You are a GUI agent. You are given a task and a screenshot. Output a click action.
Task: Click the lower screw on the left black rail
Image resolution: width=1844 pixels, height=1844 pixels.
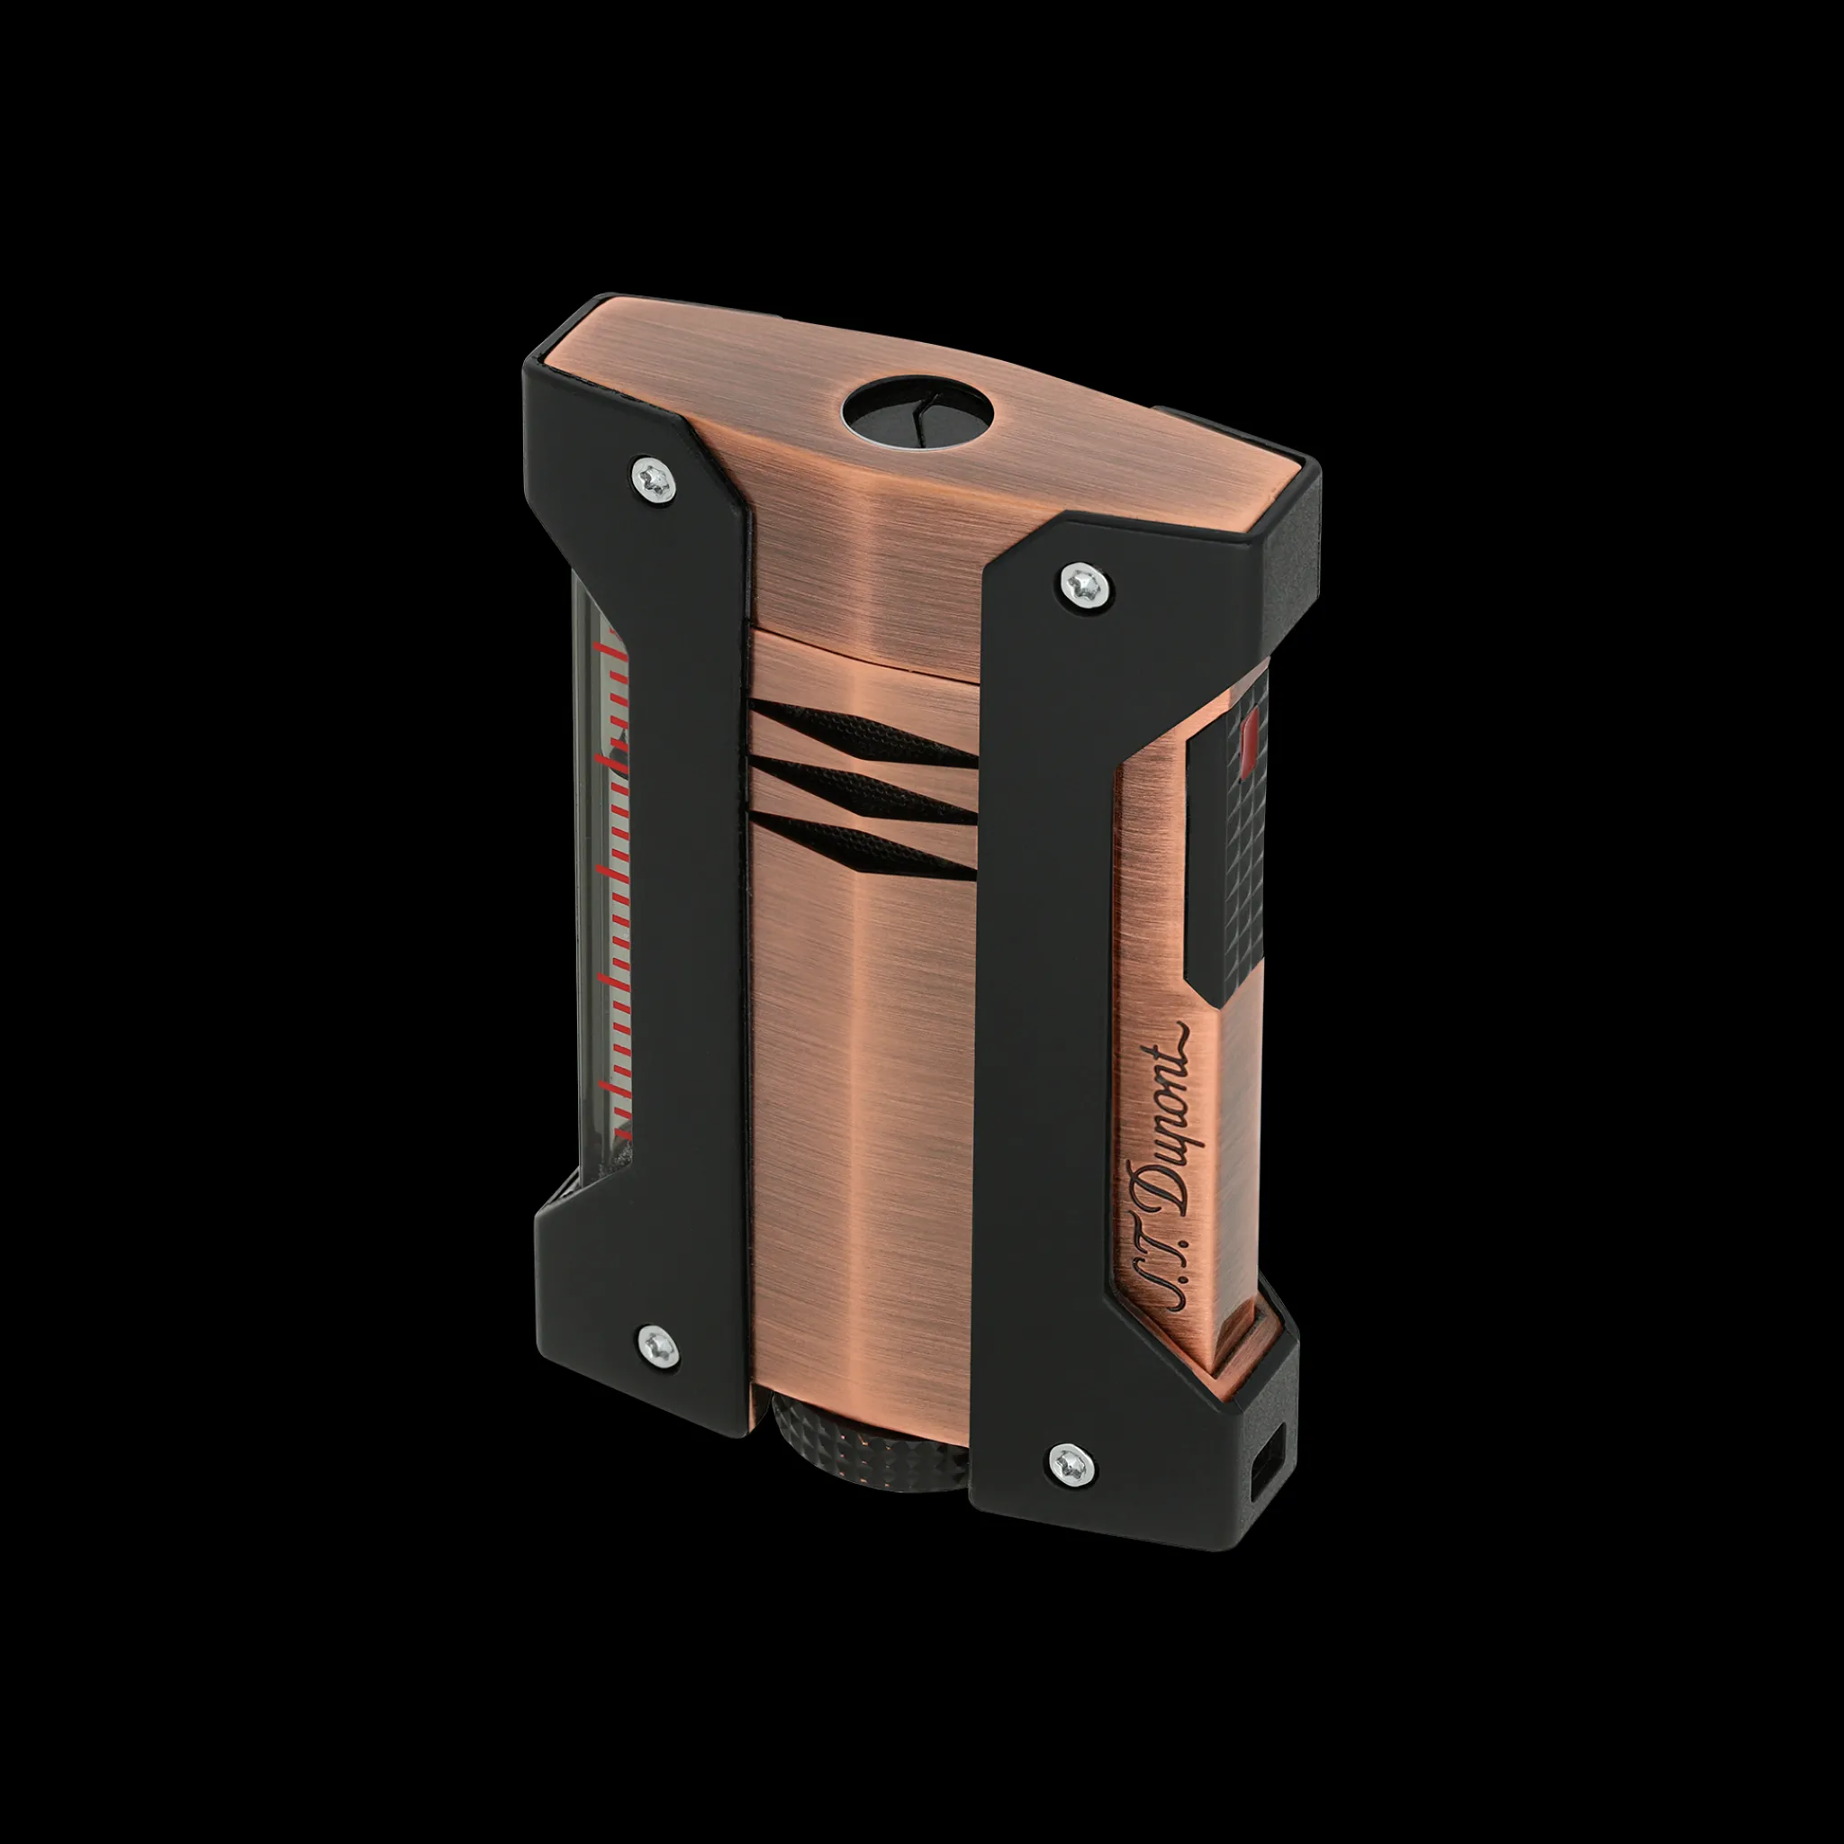656,1345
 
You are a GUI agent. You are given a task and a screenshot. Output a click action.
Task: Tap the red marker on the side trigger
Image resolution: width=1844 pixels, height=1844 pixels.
1250,743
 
